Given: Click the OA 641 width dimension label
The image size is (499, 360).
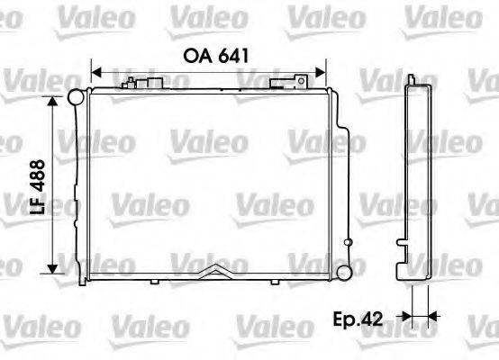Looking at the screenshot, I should coord(215,53).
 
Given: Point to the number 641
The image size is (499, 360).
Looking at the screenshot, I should coord(231,53).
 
